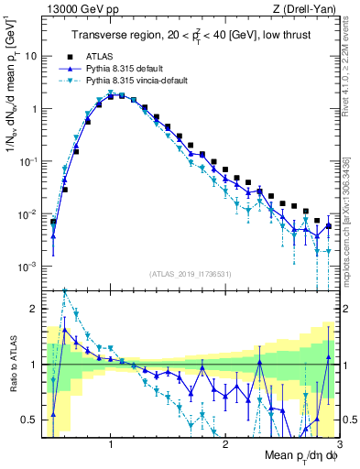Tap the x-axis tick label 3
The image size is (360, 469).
[x=340, y=444]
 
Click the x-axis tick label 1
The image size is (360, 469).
[x=111, y=444]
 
